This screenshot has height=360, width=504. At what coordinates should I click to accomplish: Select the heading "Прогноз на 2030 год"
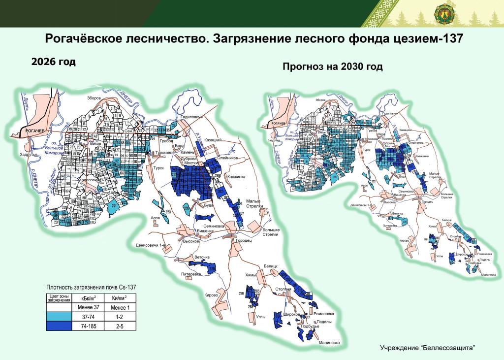pyautogui.click(x=332, y=66)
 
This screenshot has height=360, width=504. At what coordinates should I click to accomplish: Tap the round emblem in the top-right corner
pyautogui.click(x=441, y=13)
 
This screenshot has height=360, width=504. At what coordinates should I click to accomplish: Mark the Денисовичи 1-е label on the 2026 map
pyautogui.click(x=149, y=245)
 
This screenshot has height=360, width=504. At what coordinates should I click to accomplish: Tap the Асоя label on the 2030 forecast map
pyautogui.click(x=364, y=186)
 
